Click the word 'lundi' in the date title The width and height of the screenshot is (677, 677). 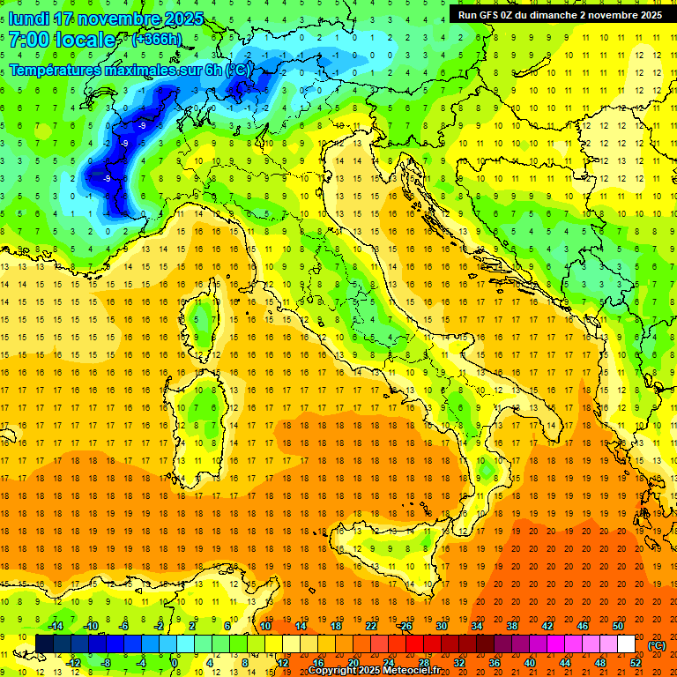click(x=28, y=19)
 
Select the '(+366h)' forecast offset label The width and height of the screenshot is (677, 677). click(x=157, y=40)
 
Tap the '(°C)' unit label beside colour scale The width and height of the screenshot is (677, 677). click(x=656, y=644)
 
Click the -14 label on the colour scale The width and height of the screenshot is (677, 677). click(x=56, y=626)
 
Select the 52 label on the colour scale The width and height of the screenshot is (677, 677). click(x=636, y=663)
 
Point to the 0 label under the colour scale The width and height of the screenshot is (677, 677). click(x=175, y=663)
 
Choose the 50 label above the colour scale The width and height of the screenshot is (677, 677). click(x=618, y=626)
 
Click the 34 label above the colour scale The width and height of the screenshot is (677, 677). click(x=477, y=626)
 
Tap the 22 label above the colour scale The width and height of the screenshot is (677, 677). click(x=371, y=626)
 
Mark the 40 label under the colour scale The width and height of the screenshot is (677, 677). click(x=530, y=663)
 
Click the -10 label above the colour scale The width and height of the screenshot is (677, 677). click(x=90, y=626)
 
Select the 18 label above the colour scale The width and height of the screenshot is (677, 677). click(x=336, y=626)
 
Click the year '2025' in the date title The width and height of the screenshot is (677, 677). click(x=183, y=19)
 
